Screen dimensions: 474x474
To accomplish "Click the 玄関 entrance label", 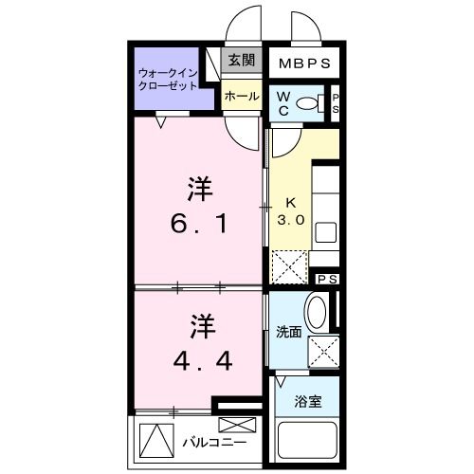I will click(240, 60).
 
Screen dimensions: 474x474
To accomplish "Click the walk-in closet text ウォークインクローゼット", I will click(168, 78).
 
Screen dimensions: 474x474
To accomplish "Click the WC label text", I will click(284, 102).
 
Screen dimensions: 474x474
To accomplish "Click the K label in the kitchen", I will click(290, 202).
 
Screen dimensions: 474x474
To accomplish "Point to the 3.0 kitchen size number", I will click(290, 219).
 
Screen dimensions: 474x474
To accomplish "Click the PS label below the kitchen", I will click(327, 279).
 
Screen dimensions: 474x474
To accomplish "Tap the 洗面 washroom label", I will click(288, 332).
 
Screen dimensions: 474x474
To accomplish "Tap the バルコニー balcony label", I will click(214, 443).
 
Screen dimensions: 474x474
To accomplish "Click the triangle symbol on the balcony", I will click(153, 440).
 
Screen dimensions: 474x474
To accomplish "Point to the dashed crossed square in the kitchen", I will click(288, 265).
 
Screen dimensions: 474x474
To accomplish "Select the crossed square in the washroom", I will click(323, 351).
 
